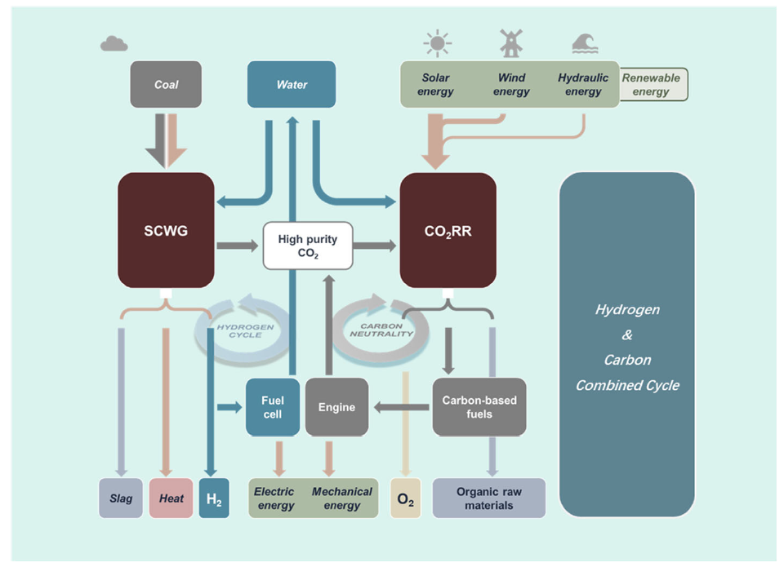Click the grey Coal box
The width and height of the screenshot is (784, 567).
coord(166,84)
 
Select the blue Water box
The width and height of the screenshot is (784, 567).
coord(292,84)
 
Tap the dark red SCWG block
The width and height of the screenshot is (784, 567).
coord(166,230)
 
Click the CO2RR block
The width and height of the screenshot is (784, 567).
coord(448,230)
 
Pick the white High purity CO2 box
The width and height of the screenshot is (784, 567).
coord(308,246)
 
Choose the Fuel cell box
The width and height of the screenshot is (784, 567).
coord(273,407)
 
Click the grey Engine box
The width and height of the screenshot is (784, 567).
coord(336,407)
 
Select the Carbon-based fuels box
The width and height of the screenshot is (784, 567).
coord(479,407)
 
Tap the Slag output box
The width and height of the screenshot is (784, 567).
coord(121,498)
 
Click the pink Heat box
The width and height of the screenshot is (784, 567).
coord(171,498)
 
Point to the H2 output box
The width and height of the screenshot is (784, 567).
coord(214,498)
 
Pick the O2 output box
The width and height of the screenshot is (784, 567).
coord(406,498)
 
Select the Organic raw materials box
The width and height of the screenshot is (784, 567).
coord(489,498)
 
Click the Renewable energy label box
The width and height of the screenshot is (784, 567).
coord(653,84)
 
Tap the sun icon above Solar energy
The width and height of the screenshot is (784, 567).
coord(438,43)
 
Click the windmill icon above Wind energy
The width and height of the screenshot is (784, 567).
coord(511,43)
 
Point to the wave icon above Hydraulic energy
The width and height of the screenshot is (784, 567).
coord(585,43)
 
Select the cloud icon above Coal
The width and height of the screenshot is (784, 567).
coord(114,44)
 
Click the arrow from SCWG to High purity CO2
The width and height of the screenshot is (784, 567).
coord(238,246)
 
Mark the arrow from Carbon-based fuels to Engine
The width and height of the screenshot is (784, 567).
coord(401,407)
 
